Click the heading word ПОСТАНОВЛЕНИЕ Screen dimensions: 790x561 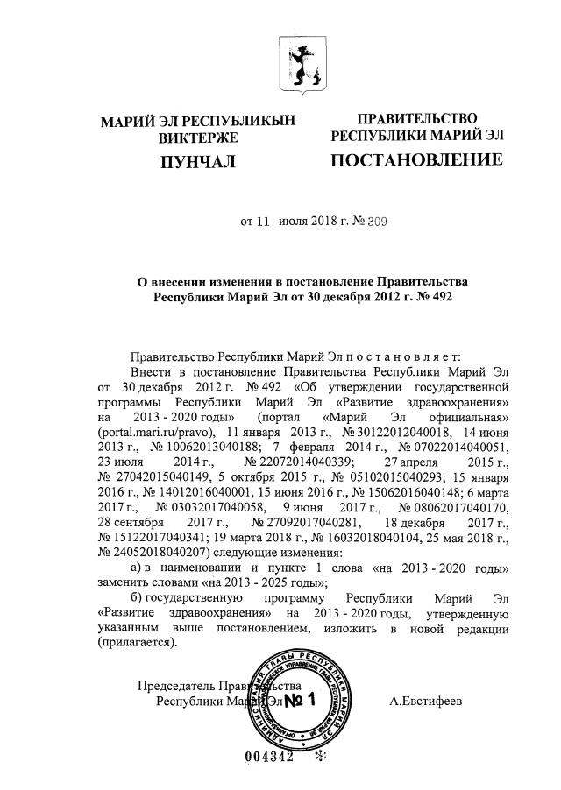click(x=416, y=159)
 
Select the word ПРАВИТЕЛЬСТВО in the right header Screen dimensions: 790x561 click(x=416, y=118)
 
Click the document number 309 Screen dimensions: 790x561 click(x=353, y=222)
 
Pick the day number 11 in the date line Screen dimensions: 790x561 click(x=259, y=222)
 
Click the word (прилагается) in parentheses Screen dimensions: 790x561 click(x=138, y=642)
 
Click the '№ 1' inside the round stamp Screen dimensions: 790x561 click(x=302, y=701)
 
